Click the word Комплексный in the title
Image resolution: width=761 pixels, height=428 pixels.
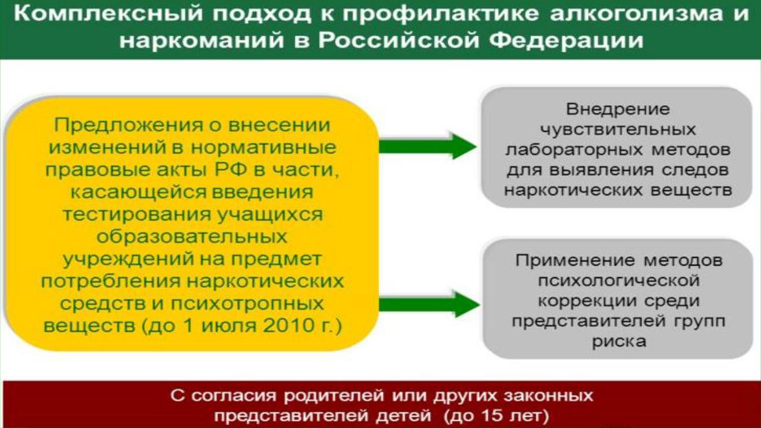(x=108, y=14)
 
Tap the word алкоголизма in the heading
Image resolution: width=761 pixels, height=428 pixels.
(x=636, y=14)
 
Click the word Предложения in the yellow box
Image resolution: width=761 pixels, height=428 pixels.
(x=128, y=125)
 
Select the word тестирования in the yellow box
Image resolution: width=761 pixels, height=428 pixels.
(x=137, y=215)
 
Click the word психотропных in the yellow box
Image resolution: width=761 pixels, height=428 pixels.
(x=247, y=304)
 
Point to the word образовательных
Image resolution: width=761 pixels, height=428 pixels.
(x=192, y=237)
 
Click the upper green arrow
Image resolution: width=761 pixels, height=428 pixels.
(x=428, y=146)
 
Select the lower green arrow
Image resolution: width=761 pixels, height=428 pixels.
(x=429, y=304)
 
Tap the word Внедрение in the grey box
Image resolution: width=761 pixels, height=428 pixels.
(x=618, y=109)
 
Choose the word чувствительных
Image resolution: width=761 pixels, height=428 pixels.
(x=618, y=130)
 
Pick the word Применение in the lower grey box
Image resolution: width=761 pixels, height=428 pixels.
(x=575, y=260)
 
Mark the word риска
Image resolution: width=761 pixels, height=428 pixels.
(x=619, y=342)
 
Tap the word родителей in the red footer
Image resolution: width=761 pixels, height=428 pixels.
(x=334, y=396)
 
